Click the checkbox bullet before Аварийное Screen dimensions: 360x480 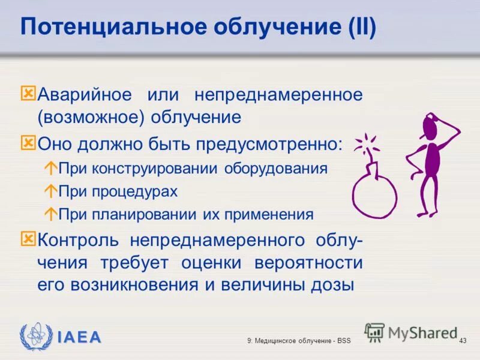click(28, 94)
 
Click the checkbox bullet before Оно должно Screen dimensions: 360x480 click(28, 143)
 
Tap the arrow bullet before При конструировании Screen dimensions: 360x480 click(51, 169)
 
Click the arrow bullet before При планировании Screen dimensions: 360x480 click(51, 214)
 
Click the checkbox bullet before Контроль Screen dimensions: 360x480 click(28, 239)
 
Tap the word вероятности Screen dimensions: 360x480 click(308, 263)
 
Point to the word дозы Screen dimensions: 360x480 click(330, 285)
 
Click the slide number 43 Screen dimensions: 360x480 click(462, 341)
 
